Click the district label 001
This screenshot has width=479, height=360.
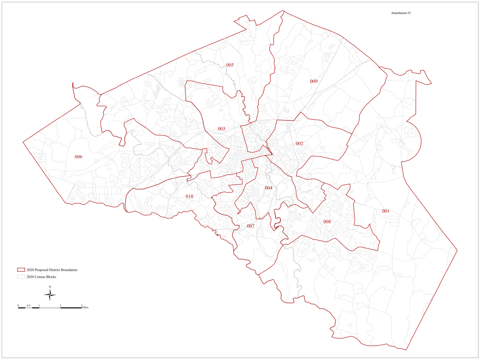point(386,211)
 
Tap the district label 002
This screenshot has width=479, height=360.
point(300,144)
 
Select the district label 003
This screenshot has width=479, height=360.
point(222,129)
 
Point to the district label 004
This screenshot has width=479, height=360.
point(269,188)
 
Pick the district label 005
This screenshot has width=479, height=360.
point(230,65)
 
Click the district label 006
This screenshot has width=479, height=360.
point(79,157)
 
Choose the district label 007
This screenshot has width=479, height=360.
point(251,226)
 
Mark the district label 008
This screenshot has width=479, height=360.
point(327,222)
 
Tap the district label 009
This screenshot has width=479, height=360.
point(314,81)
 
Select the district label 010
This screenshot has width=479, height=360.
point(189,196)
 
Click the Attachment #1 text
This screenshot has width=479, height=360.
point(401,13)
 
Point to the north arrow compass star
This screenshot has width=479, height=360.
point(50,295)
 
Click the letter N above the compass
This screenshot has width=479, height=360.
point(50,287)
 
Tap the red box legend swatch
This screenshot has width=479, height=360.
point(21,270)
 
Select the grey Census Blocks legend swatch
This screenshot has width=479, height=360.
point(21,277)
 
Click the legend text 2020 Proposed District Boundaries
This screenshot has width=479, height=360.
point(52,270)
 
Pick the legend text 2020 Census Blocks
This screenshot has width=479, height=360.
point(41,277)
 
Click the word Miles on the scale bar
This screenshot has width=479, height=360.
point(85,308)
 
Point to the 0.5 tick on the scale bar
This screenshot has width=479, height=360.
point(28,305)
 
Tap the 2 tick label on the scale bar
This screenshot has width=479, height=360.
point(60,305)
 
